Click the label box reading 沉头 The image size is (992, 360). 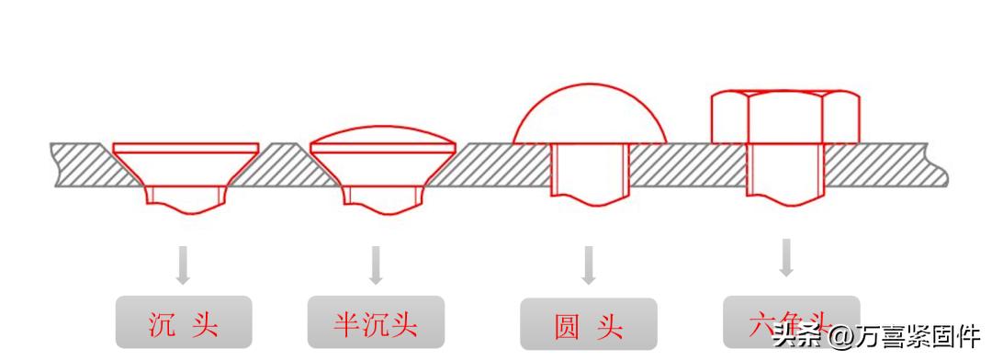pyautogui.click(x=183, y=323)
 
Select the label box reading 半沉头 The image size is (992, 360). pyautogui.click(x=376, y=323)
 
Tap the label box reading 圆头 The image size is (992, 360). pyautogui.click(x=588, y=326)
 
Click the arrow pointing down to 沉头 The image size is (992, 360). pyautogui.click(x=183, y=264)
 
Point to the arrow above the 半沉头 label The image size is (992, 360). pyautogui.click(x=375, y=264)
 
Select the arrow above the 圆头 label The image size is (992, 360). pyautogui.click(x=589, y=264)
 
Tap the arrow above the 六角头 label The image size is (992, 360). pyautogui.click(x=786, y=257)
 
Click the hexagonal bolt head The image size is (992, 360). pyautogui.click(x=786, y=117)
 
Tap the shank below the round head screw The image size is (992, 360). pyautogui.click(x=589, y=176)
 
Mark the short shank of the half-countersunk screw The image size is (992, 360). pyautogui.click(x=383, y=196)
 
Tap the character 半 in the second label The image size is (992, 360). pyautogui.click(x=346, y=324)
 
